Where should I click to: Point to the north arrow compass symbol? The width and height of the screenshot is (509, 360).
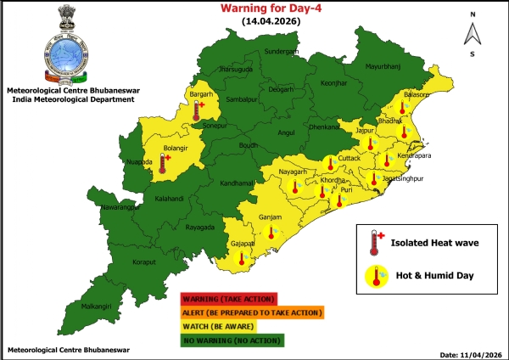pyautogui.click(x=473, y=32)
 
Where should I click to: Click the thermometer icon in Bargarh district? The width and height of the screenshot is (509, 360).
pyautogui.click(x=197, y=110)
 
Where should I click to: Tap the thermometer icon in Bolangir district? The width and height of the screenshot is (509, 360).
pyautogui.click(x=163, y=162)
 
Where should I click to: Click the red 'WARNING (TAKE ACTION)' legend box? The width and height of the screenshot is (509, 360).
pyautogui.click(x=229, y=299)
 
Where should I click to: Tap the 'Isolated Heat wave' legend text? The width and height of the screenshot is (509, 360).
pyautogui.click(x=435, y=243)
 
